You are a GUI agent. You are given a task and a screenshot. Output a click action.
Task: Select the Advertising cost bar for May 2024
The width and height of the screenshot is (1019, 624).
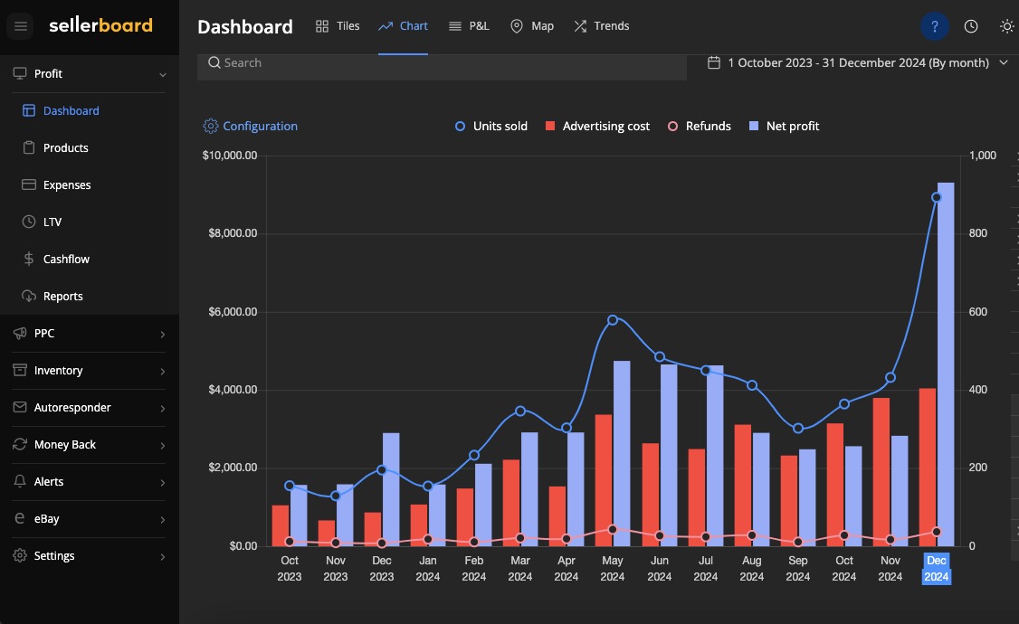[x=603, y=480]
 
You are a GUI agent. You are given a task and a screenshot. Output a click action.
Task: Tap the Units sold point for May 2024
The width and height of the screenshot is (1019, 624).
[x=613, y=320]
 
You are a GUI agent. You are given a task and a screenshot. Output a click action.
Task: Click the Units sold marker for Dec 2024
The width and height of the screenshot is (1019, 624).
[x=937, y=197]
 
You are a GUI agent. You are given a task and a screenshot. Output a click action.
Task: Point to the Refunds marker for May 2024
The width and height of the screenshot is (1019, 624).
[x=613, y=530]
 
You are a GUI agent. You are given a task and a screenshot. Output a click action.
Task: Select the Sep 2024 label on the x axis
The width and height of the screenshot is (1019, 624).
[x=797, y=568]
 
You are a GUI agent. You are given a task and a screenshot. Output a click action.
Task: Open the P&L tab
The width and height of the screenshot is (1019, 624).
[x=469, y=26]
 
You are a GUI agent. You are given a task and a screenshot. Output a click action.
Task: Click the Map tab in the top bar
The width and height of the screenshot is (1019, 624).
[x=532, y=26]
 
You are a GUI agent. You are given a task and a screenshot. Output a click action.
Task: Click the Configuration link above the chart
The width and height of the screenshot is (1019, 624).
[x=251, y=127]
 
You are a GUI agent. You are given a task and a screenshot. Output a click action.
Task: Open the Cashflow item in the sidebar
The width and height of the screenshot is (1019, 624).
[x=66, y=260]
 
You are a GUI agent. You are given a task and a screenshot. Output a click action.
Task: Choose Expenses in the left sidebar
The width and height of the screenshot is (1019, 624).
[x=67, y=185]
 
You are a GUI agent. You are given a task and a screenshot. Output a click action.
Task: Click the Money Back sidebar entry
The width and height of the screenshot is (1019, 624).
[x=64, y=445]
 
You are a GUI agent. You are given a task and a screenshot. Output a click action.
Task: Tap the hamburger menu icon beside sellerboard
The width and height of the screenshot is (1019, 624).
[x=21, y=26]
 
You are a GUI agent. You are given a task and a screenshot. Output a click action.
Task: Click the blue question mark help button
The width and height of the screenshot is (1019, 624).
[x=934, y=26]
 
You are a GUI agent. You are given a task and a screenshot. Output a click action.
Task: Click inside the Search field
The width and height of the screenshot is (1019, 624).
[x=442, y=63]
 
